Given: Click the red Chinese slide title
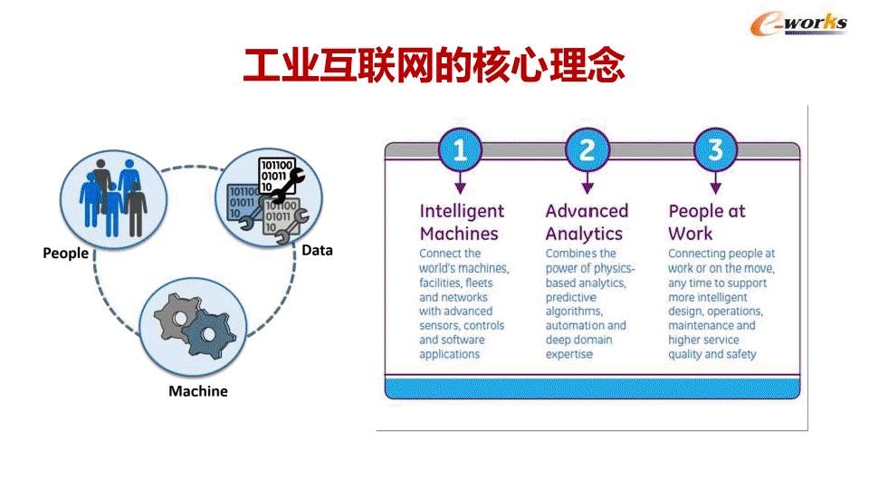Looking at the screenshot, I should (x=434, y=66).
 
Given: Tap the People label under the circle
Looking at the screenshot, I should (x=66, y=254).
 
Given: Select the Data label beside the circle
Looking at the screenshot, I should (x=317, y=250).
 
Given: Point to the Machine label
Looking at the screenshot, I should (x=198, y=391).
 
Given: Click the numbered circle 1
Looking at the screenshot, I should (x=460, y=149).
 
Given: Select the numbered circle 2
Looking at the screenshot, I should (x=587, y=149).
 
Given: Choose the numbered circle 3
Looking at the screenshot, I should (x=715, y=149).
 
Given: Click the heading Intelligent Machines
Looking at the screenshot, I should (x=462, y=222).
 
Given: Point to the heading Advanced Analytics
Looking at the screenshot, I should (x=587, y=222).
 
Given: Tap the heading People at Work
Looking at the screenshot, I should (x=707, y=222).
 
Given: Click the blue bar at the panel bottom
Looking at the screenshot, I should (x=593, y=389).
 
